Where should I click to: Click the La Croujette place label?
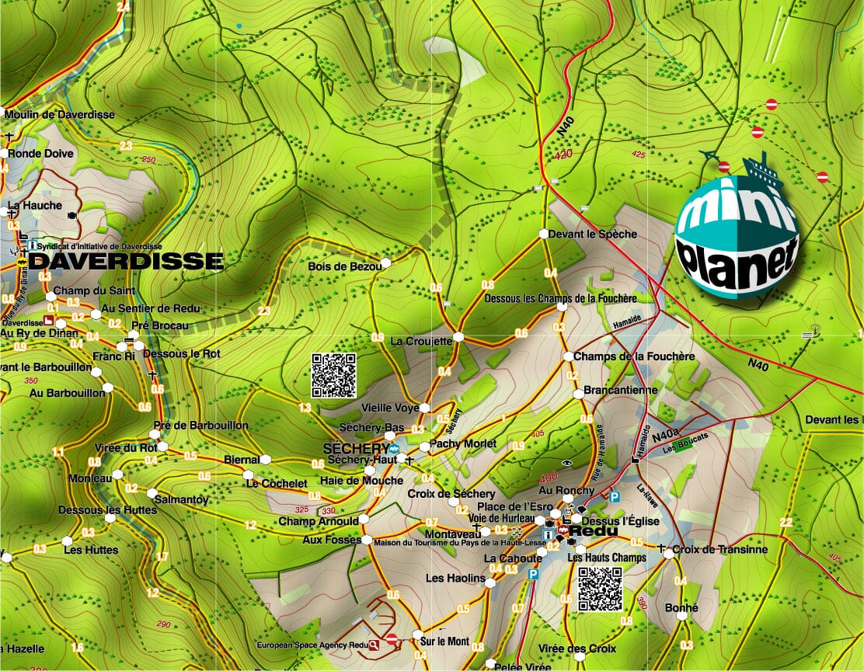click(421, 340)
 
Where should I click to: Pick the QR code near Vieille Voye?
click(334, 375)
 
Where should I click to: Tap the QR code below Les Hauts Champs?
click(600, 589)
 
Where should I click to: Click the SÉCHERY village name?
click(355, 449)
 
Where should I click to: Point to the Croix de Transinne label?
click(720, 550)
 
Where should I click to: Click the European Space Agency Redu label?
click(312, 644)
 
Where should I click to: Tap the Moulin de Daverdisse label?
click(60, 115)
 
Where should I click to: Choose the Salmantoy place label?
click(182, 499)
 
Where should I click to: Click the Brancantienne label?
click(620, 390)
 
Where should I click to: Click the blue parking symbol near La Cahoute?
click(533, 575)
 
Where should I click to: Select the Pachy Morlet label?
click(463, 444)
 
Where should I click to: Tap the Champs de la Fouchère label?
click(634, 356)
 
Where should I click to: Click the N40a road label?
click(666, 437)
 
